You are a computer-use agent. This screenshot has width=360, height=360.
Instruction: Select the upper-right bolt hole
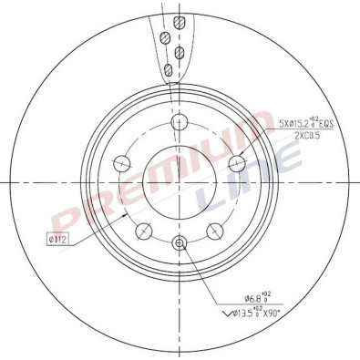(236, 163)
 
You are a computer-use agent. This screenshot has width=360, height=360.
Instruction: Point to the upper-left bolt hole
(121, 163)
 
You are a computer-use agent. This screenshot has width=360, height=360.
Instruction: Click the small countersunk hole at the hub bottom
(179, 242)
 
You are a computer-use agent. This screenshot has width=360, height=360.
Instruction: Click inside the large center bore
(179, 187)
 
